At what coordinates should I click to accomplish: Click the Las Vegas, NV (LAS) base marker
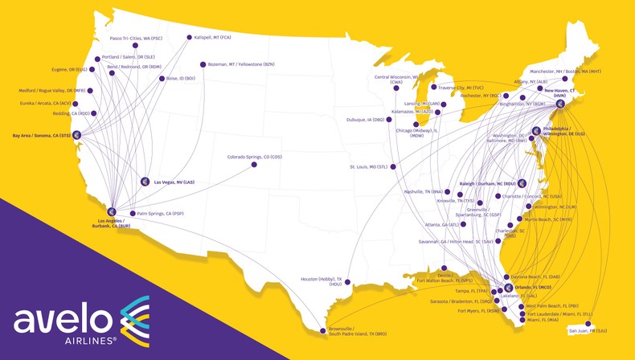point(145,182)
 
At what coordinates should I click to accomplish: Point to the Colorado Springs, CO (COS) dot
point(254,165)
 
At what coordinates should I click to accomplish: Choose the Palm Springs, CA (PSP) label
point(160,214)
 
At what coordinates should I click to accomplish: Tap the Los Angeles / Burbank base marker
point(112,212)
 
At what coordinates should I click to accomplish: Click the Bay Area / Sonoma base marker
point(77,135)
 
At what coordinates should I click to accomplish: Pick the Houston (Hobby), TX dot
point(347,282)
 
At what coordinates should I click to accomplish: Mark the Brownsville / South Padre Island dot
point(324,330)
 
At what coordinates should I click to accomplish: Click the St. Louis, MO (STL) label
point(368,167)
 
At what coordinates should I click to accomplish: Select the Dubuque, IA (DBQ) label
point(366,120)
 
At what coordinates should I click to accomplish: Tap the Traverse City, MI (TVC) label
point(461,88)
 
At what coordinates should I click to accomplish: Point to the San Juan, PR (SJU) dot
point(588,324)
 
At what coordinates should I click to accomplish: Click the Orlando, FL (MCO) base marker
point(508,288)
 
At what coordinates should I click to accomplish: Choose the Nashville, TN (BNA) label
point(424,192)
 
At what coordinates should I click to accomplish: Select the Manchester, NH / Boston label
point(565,71)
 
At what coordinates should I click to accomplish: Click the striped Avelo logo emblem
point(135,320)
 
